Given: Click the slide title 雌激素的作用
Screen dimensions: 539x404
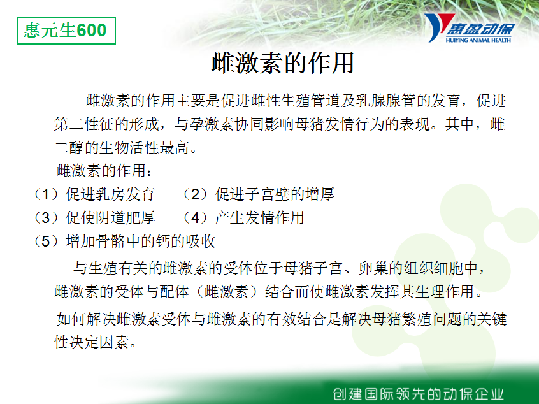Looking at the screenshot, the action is (x=283, y=63).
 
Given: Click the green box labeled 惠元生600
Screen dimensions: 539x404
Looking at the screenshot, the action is (x=66, y=31).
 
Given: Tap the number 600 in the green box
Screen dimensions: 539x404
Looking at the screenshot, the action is (x=92, y=30).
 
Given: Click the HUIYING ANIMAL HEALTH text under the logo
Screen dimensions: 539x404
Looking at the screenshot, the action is (x=478, y=40).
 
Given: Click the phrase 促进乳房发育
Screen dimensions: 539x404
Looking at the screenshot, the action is (x=110, y=194).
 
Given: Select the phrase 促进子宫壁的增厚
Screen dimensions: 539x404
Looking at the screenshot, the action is (x=275, y=194).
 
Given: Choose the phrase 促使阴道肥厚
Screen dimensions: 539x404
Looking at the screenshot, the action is (x=110, y=218).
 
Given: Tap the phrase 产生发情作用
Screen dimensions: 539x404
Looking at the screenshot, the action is (x=259, y=218).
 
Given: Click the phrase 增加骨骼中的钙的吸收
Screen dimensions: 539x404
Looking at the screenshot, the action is (x=140, y=241).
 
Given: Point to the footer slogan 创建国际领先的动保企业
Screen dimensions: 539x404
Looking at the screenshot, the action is (x=419, y=394).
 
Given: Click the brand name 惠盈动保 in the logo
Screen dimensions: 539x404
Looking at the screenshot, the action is (x=480, y=29).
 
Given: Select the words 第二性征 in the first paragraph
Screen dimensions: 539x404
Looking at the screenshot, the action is (x=84, y=124).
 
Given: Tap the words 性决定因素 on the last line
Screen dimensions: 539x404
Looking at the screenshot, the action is (x=92, y=342).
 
